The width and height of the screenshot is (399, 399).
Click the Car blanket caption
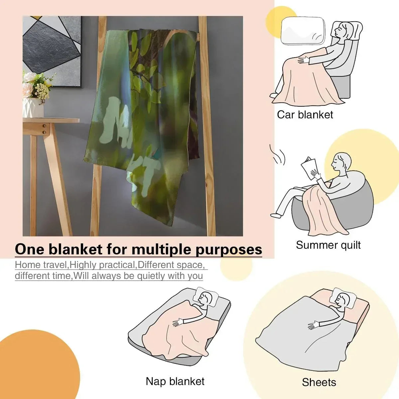[305, 115]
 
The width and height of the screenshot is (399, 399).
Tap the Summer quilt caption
[328, 245]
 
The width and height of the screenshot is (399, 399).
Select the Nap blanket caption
[175, 381]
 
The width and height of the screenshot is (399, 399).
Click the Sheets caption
[319, 382]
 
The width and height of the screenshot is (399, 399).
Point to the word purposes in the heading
[229, 250]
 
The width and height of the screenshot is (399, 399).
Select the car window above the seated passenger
[303, 31]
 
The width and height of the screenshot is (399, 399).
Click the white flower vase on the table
[33, 107]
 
